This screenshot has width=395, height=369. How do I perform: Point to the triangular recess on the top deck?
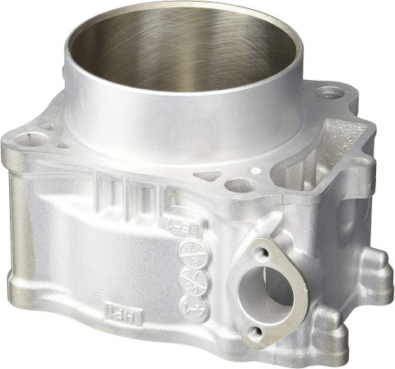tap(208, 176)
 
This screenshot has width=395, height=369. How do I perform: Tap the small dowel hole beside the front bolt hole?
tap(254, 171)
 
